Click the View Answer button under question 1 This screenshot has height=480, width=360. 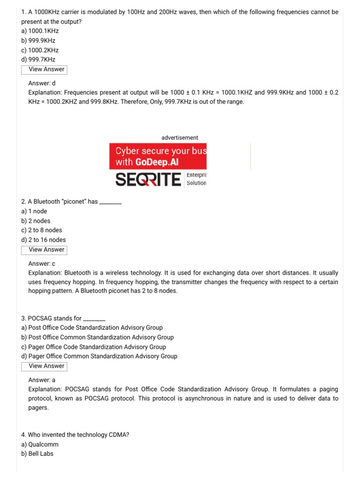pyautogui.click(x=44, y=69)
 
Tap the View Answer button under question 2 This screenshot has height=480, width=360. pyautogui.click(x=44, y=250)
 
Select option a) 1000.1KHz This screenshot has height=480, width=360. pyautogui.click(x=40, y=31)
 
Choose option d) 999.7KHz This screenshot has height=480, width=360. pyautogui.click(x=38, y=60)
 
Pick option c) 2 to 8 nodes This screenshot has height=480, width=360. pyautogui.click(x=42, y=230)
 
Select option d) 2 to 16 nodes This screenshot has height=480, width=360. pyautogui.click(x=44, y=240)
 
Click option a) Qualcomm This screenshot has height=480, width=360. pyautogui.click(x=41, y=444)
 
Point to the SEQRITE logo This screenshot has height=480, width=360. pyautogui.click(x=148, y=179)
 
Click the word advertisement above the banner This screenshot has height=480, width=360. pyautogui.click(x=180, y=138)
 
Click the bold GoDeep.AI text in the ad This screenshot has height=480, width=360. pyautogui.click(x=157, y=162)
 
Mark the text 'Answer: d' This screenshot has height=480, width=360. pyautogui.click(x=42, y=83)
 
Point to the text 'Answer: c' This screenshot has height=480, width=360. pyautogui.click(x=42, y=263)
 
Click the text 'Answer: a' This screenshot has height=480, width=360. pyautogui.click(x=42, y=380)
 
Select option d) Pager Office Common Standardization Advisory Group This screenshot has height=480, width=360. pyautogui.click(x=99, y=356)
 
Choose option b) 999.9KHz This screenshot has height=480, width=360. pyautogui.click(x=38, y=40)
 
